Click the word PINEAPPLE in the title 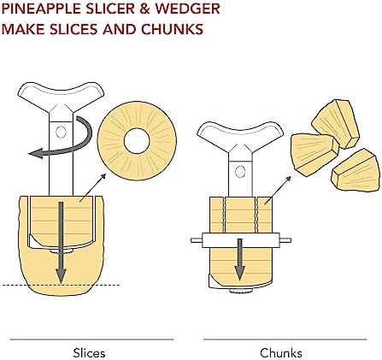pos(41,9)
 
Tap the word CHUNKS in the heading pos(172,29)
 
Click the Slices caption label pos(89,353)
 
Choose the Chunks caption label pos(281,353)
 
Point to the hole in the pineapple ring pos(137,141)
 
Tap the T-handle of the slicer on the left pos(61,96)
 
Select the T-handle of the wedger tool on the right pos(240,135)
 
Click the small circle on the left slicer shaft pos(61,132)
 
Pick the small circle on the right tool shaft pos(240,172)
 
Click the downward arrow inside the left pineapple pos(61,243)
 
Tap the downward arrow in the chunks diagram pos(240,259)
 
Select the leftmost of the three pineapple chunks pos(314,155)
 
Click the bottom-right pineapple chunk pos(356,171)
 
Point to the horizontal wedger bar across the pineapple pos(241,240)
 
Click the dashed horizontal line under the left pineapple pos(61,285)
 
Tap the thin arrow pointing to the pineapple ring pos(92,188)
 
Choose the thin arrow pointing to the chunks pos(278,190)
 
